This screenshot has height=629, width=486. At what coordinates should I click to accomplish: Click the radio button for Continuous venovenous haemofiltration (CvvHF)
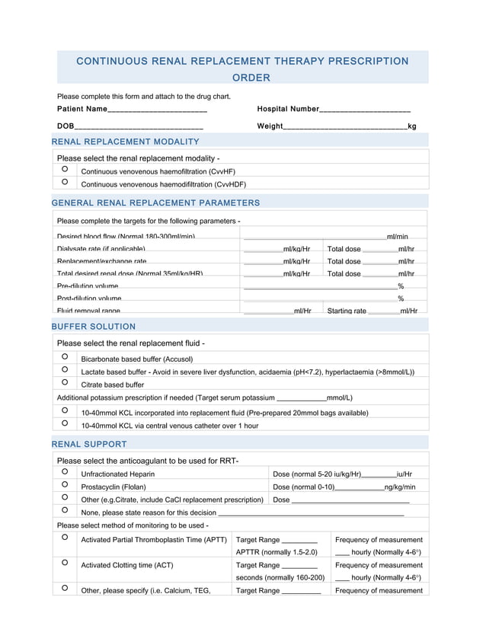pos(65,169)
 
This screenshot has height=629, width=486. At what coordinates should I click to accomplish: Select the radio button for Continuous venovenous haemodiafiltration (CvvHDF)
pos(65,182)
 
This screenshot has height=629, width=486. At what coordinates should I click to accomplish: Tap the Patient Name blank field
pos(158,110)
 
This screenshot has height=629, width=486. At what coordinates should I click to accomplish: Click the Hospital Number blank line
pos(365,110)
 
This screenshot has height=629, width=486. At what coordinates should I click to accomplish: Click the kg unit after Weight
pos(412,126)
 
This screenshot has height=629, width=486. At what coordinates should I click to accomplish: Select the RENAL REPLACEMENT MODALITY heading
pos(125,142)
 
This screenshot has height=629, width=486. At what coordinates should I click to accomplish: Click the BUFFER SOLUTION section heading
pos(93,327)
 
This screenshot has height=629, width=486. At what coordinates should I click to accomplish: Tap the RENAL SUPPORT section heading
pos(89,444)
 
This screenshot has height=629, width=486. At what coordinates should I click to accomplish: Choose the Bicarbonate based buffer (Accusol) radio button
pos(65,356)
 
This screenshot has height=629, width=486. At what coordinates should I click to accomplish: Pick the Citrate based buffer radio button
pos(65,382)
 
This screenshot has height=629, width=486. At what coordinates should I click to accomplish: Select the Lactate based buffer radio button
pos(65,369)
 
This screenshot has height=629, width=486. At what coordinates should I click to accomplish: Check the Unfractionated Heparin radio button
pos(65,472)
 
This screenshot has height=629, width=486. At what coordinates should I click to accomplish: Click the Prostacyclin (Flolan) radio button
pos(65,485)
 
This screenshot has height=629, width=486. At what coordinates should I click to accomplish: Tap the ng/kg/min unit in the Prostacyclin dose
pos(400,487)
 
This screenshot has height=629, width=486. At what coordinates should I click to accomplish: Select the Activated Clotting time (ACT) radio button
pos(65,563)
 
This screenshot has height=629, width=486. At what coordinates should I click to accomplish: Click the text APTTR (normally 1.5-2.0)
pos(277,552)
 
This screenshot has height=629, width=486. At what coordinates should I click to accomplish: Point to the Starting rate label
pos(347,311)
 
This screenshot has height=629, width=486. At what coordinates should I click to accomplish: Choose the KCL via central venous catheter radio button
pos(65,423)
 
